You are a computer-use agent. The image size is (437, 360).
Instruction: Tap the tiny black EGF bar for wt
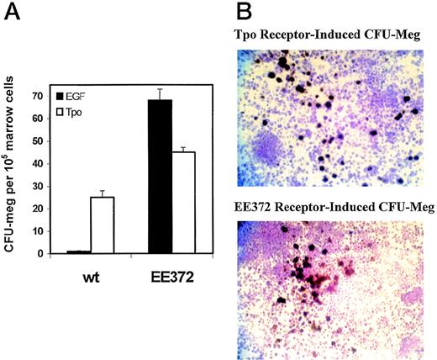click(x=79, y=251)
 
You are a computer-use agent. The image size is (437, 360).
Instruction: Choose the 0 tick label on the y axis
click(x=43, y=253)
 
